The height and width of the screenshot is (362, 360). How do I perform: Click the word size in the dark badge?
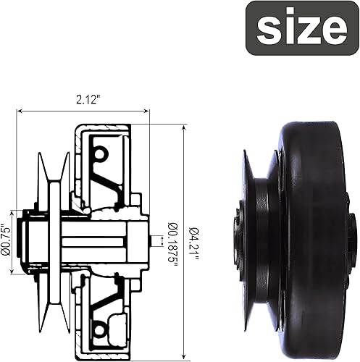pyautogui.click(x=301, y=28)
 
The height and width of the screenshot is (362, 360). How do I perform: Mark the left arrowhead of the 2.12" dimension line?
pyautogui.click(x=19, y=111)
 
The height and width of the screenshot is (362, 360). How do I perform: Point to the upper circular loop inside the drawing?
pyautogui.click(x=99, y=153)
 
